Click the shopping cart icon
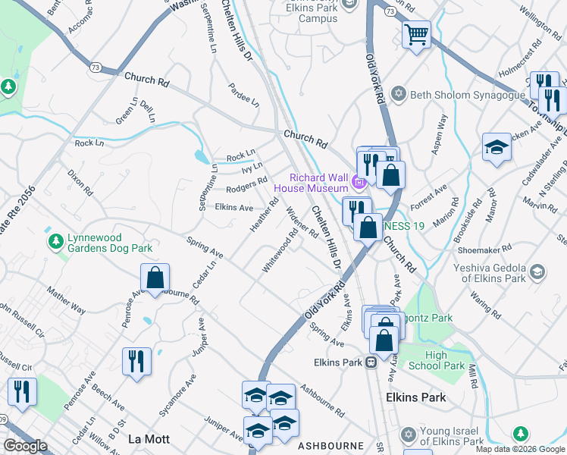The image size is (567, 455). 416,34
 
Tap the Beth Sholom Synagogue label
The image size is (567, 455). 467,95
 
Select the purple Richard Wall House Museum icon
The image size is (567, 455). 359,182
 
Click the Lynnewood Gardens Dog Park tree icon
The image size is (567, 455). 55,241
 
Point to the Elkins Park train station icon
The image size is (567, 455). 371,362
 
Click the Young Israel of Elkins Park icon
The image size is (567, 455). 408,435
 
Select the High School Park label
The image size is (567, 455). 445,360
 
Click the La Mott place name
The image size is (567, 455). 146,439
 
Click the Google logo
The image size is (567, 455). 26,446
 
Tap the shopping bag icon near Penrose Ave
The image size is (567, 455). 155,278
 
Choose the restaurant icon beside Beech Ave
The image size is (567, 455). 136,360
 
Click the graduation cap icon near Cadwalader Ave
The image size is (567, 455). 497,148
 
